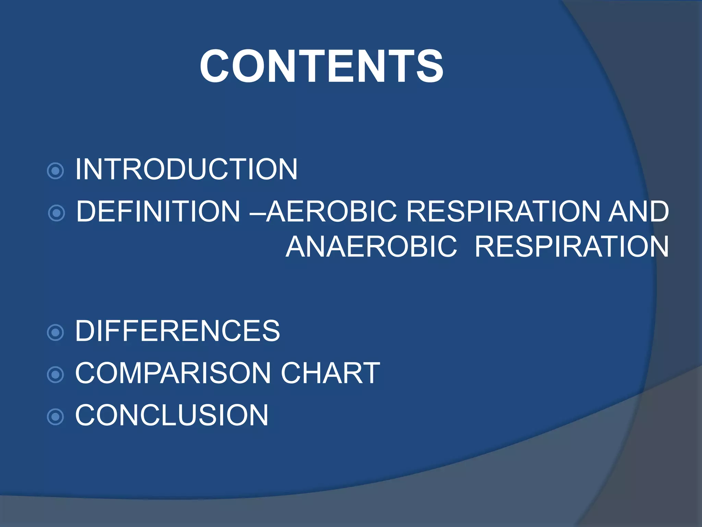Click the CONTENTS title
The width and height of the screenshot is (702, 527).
(321, 66)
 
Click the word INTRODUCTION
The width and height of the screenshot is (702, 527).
(186, 169)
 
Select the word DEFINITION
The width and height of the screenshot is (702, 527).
(158, 211)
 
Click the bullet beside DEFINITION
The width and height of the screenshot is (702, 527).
(57, 213)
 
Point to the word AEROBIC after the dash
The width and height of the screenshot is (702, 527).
(332, 211)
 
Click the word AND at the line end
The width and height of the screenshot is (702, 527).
(638, 211)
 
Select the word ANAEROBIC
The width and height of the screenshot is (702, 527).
(371, 247)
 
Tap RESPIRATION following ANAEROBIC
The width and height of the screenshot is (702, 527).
(571, 247)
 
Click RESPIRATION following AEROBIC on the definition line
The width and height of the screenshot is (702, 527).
(503, 211)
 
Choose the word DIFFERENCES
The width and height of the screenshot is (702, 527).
(177, 331)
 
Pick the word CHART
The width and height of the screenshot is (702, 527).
(330, 373)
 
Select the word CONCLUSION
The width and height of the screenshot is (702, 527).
(171, 415)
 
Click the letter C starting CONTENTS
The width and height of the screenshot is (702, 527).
(215, 66)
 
